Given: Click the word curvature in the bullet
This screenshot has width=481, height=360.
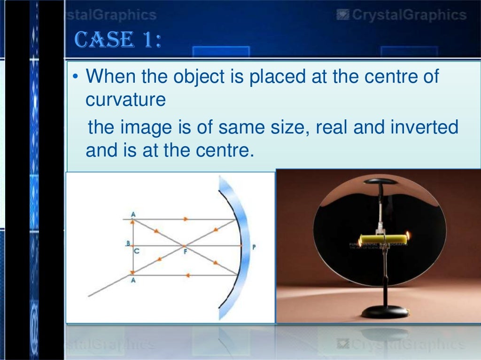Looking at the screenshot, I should (125, 100).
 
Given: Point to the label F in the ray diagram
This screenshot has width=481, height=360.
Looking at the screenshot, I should (185, 251).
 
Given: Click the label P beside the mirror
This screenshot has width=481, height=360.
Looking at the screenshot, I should (254, 246).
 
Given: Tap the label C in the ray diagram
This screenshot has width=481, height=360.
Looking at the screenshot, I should (136, 251).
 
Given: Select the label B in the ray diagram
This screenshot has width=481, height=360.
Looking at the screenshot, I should (127, 243).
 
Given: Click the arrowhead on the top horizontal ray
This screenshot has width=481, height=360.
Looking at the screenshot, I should (186, 219).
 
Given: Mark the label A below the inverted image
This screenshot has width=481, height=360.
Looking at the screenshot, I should (134, 281).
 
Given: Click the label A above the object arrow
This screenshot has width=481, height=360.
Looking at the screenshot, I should (133, 214).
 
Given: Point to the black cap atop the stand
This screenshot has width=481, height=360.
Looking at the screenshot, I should (381, 181).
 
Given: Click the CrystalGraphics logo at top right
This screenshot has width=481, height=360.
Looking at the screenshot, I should (402, 15).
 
